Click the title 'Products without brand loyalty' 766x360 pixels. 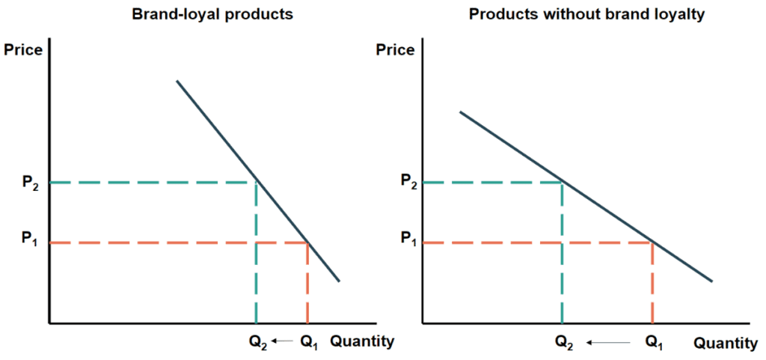tap(586, 14)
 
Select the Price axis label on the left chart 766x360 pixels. tap(23, 50)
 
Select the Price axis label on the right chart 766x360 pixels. tap(395, 50)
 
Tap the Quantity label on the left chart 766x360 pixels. tap(362, 341)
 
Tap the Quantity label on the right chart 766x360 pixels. tap(726, 344)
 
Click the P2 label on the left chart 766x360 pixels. tap(28, 183)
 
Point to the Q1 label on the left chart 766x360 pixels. tap(308, 342)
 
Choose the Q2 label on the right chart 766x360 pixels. tap(565, 343)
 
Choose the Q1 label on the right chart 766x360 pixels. tap(653, 343)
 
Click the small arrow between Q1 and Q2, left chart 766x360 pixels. tap(283, 341)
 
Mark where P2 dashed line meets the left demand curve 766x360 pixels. tap(257, 183)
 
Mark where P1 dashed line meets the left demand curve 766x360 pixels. tap(307, 242)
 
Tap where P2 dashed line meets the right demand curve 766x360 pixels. tap(561, 182)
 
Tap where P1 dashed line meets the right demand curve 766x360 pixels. tap(653, 242)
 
